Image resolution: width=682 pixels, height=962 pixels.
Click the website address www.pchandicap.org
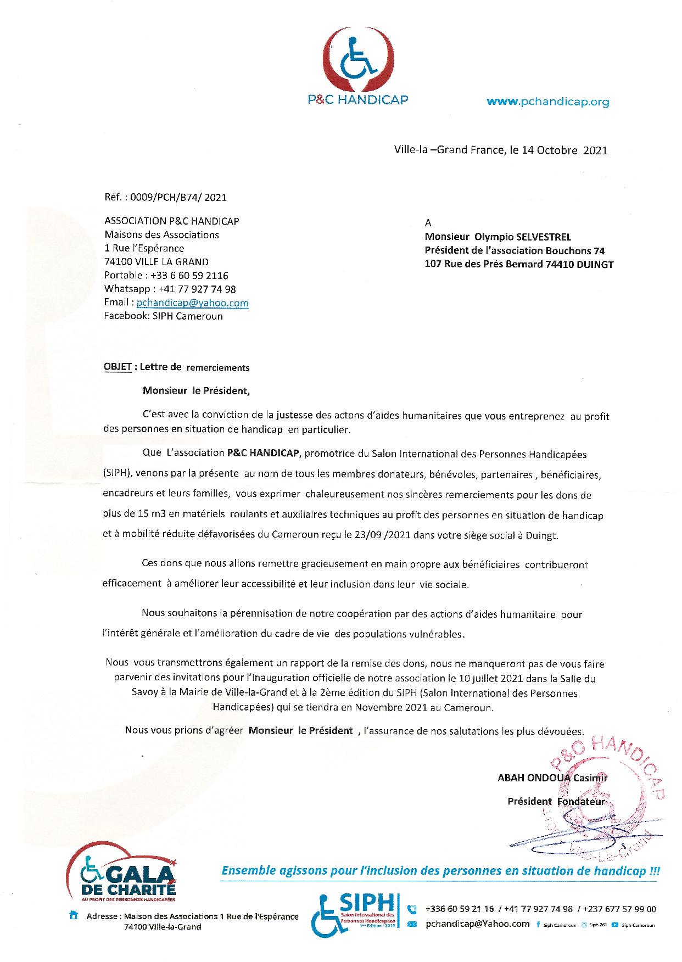point(548,102)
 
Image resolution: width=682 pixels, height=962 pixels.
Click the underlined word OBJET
point(118,367)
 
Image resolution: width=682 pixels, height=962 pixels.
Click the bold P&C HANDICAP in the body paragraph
point(263,454)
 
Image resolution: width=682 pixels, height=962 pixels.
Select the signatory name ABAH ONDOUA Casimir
point(552,778)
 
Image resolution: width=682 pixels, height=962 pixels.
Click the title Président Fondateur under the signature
point(556,801)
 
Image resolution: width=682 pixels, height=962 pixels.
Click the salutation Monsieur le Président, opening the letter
point(196,391)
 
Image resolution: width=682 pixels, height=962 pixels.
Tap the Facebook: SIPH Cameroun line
point(163,316)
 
